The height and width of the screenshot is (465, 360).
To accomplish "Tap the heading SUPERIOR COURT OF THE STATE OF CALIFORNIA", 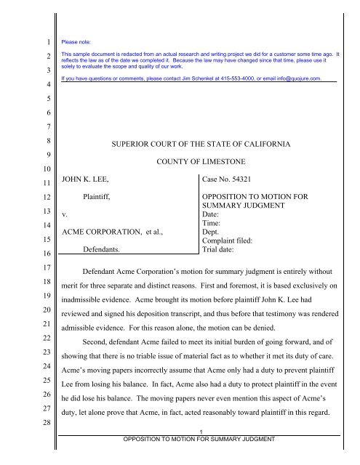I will point(201,145).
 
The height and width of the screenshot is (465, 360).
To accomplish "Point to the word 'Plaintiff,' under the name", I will point(101,196).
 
